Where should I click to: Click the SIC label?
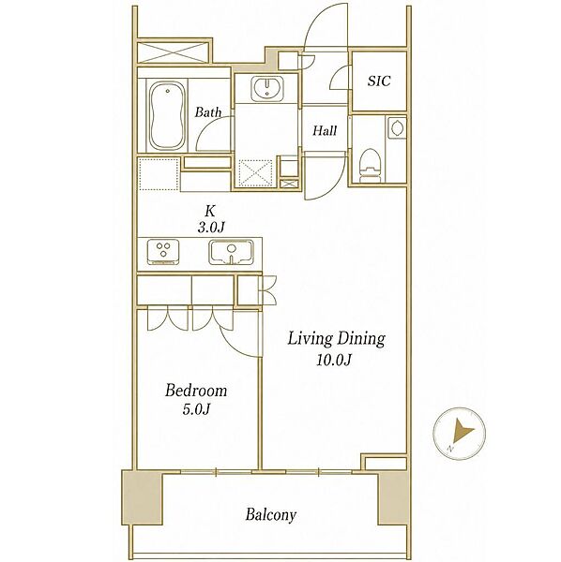[x=379, y=81]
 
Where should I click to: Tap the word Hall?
[x=325, y=130]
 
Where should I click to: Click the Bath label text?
[x=208, y=112]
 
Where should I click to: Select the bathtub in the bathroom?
[x=166, y=115]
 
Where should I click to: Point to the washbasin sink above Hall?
[x=267, y=88]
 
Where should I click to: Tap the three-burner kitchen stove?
[x=163, y=252]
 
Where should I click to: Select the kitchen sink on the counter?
[x=231, y=252]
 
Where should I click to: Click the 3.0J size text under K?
[x=211, y=228]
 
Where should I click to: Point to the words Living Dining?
[x=336, y=339]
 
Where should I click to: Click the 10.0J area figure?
[x=333, y=360]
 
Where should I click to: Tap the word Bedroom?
[x=196, y=391]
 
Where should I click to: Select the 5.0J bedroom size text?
[x=196, y=409]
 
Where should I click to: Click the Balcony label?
[x=271, y=515]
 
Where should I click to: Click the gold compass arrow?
[x=462, y=431]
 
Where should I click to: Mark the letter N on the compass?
[x=449, y=449]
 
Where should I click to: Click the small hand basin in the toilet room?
[x=397, y=127]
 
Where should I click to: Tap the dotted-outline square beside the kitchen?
[x=159, y=174]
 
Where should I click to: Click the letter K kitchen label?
[x=210, y=211]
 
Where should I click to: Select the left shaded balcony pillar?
[x=143, y=496]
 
